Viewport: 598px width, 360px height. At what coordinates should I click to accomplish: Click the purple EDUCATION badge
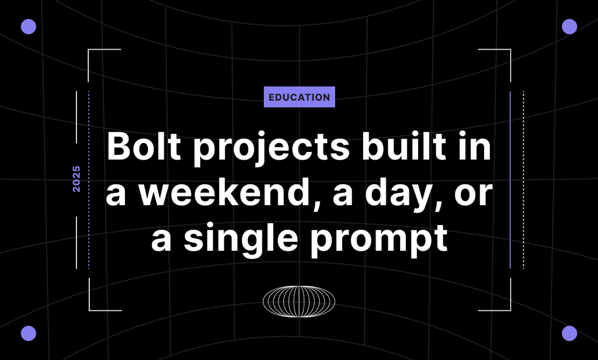(x=299, y=98)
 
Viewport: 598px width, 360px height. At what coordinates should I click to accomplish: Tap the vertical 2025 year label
(x=77, y=179)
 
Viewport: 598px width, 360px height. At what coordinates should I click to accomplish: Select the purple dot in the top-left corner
(x=28, y=26)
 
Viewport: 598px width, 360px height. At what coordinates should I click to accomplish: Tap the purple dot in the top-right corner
(x=569, y=26)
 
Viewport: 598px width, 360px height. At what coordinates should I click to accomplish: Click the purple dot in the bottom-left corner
(x=28, y=333)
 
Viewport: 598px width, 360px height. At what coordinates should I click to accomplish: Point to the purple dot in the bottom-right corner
(x=569, y=333)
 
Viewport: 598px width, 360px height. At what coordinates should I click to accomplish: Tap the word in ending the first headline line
(x=478, y=148)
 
